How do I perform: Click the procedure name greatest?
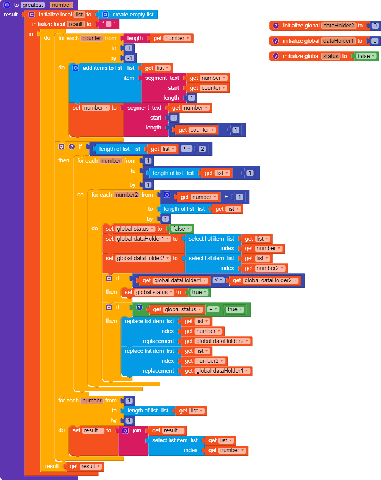pos(33,5)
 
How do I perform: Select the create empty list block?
pos(132,15)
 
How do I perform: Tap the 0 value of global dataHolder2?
pos(375,26)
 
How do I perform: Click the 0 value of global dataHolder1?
pos(375,41)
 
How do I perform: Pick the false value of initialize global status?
pos(366,56)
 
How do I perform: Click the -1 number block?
pos(130,58)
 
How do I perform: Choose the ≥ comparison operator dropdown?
pos(186,149)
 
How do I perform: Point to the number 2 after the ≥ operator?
pos(202,149)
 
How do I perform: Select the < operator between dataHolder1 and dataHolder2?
pos(218,280)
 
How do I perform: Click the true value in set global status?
pos(199,292)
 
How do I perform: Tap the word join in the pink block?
pos(137,430)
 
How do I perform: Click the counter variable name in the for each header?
pos(92,38)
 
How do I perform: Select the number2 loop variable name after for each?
pos(127,195)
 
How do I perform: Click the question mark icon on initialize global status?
pos(275,56)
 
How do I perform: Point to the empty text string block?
pos(109,24)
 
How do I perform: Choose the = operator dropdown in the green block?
pos(213,309)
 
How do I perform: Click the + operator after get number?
pos(226,197)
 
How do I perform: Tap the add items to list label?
pos(102,68)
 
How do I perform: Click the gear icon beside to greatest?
pos(7,5)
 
